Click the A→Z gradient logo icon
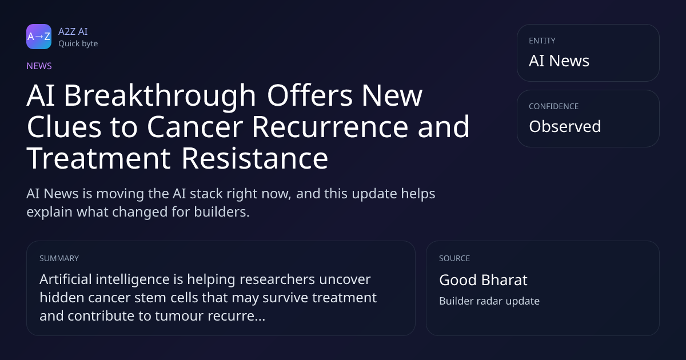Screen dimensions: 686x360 click(39, 37)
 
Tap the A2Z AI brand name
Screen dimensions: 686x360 click(73, 31)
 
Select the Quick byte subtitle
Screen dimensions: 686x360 click(78, 44)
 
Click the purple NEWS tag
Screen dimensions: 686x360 click(39, 66)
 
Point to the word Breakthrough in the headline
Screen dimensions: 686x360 click(159, 97)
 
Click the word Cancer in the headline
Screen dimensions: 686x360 click(195, 127)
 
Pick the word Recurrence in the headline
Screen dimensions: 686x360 click(330, 127)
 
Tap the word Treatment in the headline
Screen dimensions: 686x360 click(98, 158)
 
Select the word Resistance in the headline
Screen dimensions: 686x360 click(255, 158)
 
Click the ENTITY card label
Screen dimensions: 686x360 click(542, 41)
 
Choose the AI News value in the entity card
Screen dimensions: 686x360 click(559, 61)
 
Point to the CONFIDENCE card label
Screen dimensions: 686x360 click(554, 106)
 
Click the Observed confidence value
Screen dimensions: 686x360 click(565, 126)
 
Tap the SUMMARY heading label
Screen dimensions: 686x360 click(59, 258)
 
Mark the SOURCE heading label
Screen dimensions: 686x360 click(454, 258)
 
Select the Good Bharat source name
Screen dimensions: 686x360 click(483, 280)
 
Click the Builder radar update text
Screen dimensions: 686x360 click(489, 301)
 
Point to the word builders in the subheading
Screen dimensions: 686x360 click(222, 212)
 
